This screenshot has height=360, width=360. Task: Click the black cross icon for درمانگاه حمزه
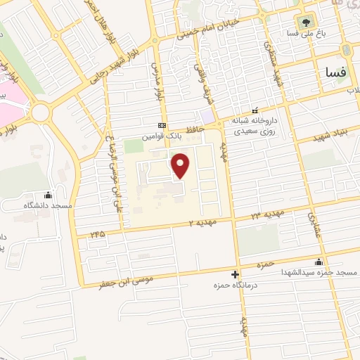pos(236,274)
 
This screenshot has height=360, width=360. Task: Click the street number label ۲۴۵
pos(97,233)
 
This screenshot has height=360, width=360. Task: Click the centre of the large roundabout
pos(41,112)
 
